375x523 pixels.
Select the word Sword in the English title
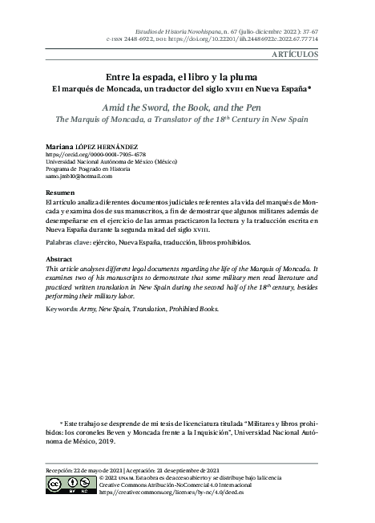click(x=186, y=104)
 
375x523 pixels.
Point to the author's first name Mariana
click(x=63, y=146)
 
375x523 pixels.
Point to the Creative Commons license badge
click(x=67, y=486)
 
